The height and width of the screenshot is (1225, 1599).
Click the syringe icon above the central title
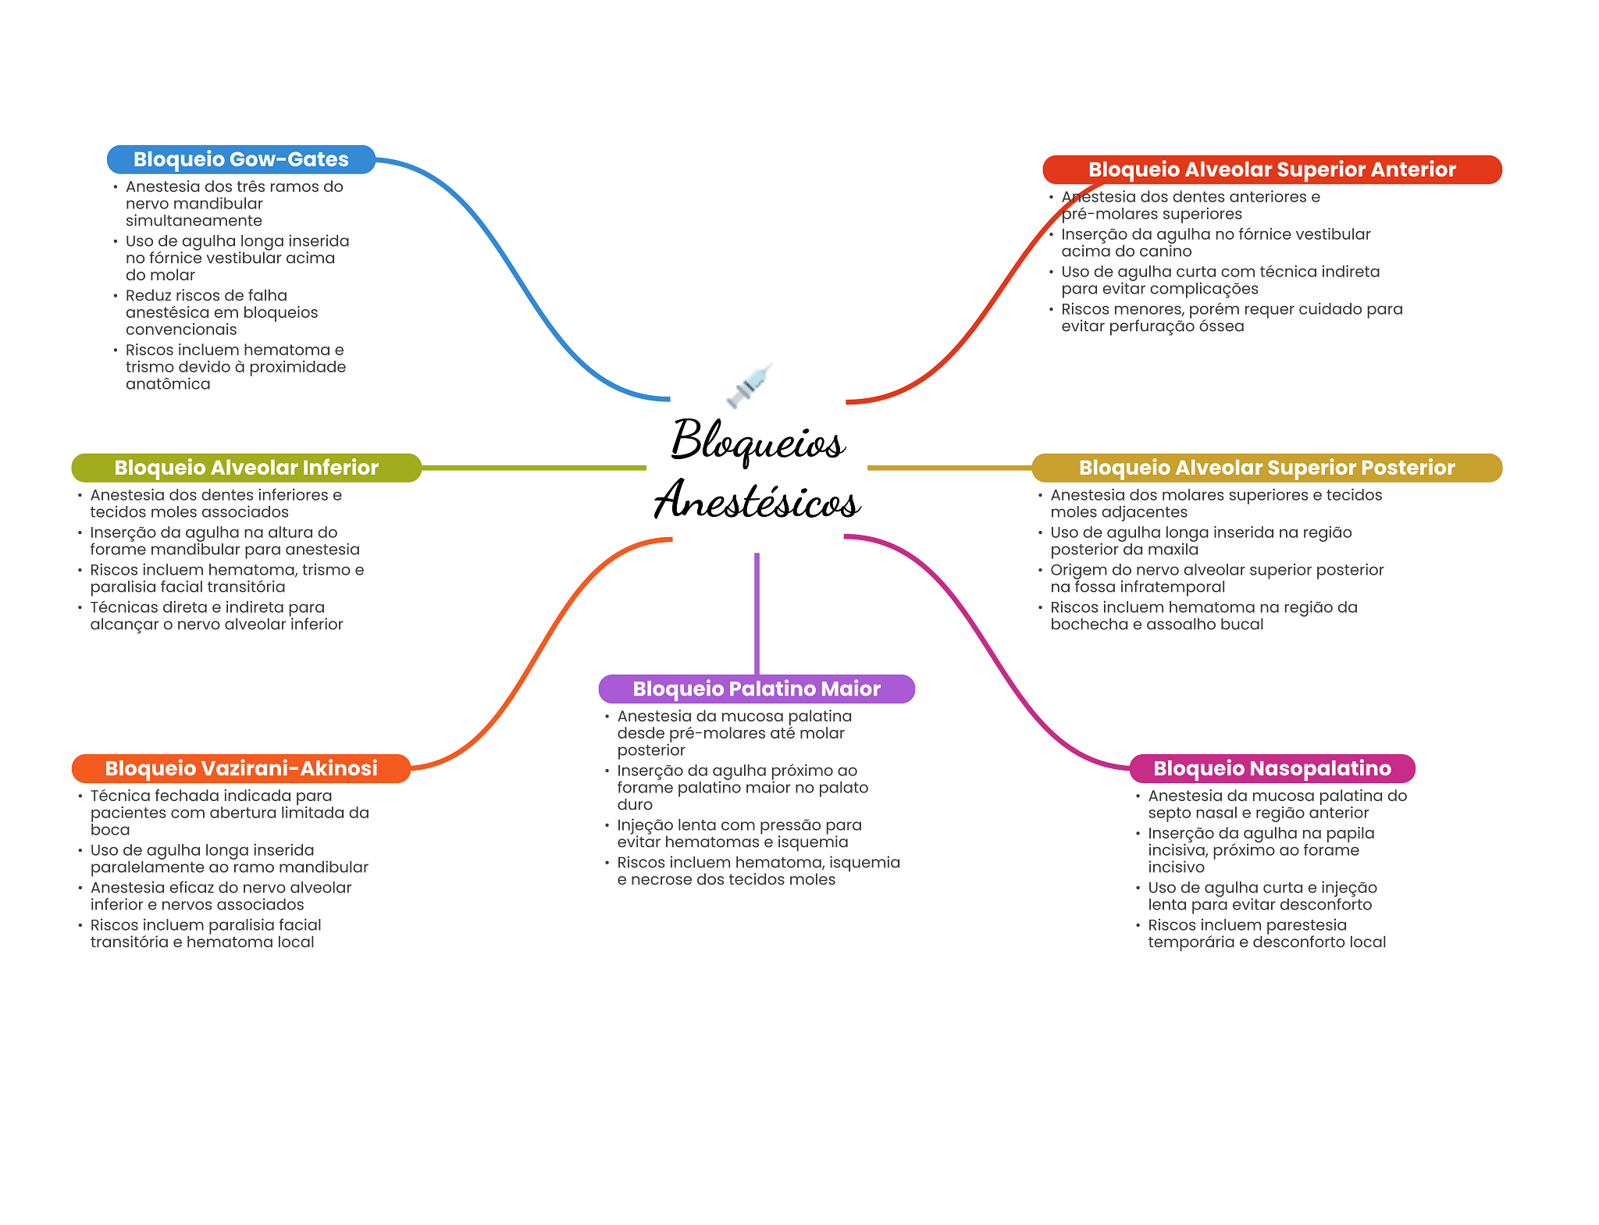[750, 384]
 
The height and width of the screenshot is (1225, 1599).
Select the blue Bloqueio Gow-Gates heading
[240, 159]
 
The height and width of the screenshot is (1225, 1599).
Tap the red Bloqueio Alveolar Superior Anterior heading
[1271, 169]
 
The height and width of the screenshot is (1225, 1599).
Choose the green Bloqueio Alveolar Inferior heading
[246, 468]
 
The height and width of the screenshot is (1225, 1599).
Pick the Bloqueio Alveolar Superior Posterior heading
[1266, 468]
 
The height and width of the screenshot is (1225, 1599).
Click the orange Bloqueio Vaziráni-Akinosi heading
[240, 768]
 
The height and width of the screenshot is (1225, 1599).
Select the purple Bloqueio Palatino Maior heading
[756, 689]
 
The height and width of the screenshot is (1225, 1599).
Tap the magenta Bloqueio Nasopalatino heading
[1272, 768]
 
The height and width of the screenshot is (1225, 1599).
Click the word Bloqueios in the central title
[757, 441]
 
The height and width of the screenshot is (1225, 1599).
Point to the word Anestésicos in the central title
[757, 500]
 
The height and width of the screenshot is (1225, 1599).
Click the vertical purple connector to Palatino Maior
[757, 613]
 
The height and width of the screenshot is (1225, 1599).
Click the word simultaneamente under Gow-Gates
[194, 221]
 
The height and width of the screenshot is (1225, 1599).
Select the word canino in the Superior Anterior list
[1166, 251]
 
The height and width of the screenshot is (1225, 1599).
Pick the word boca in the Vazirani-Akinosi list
[110, 830]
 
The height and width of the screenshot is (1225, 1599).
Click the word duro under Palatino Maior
[635, 805]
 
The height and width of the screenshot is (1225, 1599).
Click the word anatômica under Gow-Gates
[168, 384]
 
